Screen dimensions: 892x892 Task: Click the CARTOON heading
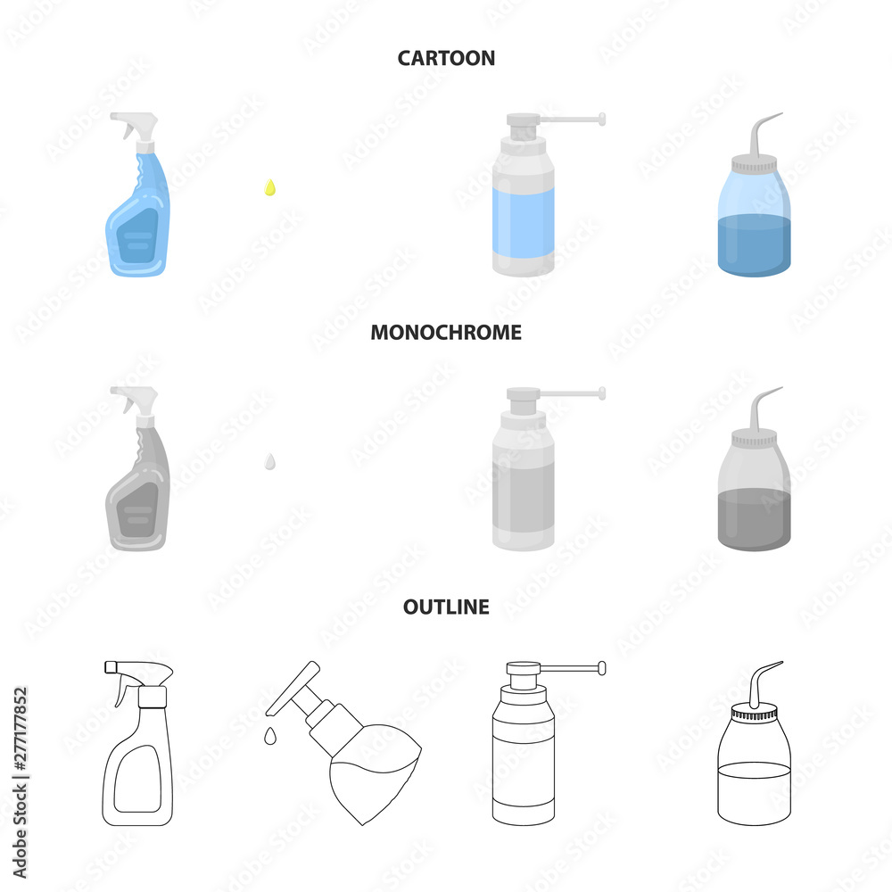446,58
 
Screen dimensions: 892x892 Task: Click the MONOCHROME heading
446,332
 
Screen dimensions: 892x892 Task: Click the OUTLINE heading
446,607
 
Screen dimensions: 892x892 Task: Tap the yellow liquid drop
270,187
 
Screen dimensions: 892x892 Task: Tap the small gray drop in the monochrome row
270,462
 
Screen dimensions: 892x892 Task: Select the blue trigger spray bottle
137,194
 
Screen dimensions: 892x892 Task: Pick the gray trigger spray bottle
137,468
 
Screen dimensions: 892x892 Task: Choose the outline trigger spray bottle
137,743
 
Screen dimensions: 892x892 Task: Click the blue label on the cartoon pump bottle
524,224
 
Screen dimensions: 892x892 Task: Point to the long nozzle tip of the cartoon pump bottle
602,119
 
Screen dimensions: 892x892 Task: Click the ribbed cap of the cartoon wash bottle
755,166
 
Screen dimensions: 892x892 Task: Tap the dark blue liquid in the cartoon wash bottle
755,246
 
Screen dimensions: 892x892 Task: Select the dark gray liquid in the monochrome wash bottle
755,520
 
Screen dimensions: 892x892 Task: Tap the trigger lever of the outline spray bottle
124,690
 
